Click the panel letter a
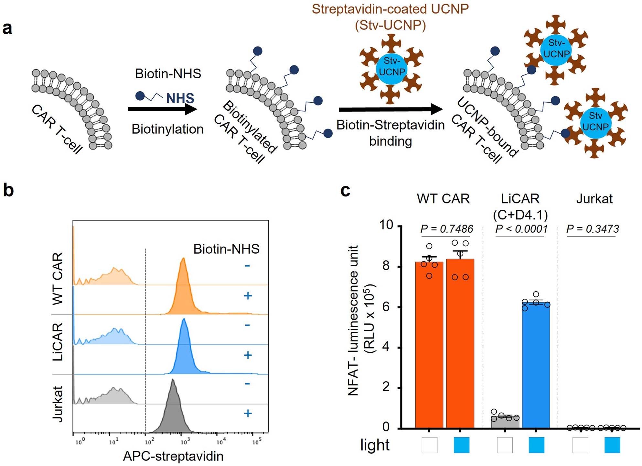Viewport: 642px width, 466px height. tap(7, 28)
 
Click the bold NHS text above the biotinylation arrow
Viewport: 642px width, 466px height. tap(180, 98)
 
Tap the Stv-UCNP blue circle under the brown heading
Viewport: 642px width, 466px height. tap(391, 66)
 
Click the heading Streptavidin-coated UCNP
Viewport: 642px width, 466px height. tap(390, 9)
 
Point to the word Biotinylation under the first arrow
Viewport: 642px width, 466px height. tap(167, 129)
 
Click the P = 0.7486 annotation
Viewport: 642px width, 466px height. tap(446, 229)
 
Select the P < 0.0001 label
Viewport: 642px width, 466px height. tap(521, 229)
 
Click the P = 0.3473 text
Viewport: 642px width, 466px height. tap(593, 229)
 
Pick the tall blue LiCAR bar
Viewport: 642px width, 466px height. tap(536, 366)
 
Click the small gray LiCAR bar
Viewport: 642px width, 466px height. tap(505, 422)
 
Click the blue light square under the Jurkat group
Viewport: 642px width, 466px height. tap(612, 445)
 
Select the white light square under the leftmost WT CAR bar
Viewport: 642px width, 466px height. tap(429, 445)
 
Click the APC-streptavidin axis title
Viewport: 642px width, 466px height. tap(173, 456)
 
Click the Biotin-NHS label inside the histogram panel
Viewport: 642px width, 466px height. tap(226, 249)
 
